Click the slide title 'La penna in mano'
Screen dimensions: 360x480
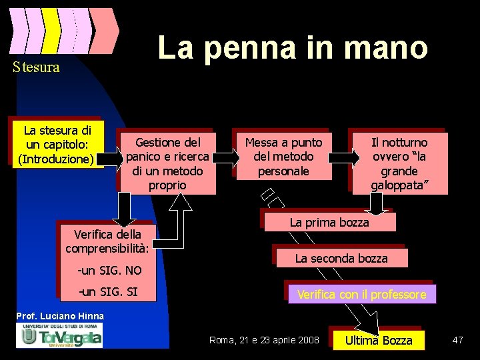coord(292,48)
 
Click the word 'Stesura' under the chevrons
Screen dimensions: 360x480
coord(36,67)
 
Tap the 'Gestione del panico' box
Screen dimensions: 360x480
coord(167,163)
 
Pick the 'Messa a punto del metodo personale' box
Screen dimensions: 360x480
coord(283,157)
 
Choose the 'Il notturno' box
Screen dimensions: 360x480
coord(399,163)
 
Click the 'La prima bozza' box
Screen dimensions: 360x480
coord(329,222)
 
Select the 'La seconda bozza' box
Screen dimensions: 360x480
coord(341,258)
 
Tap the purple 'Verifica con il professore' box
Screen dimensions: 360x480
coord(361,294)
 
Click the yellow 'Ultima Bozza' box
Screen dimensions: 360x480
coord(378,341)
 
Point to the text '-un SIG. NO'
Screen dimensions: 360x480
coord(110,271)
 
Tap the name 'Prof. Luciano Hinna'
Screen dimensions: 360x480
coord(60,315)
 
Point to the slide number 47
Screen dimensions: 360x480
coord(457,341)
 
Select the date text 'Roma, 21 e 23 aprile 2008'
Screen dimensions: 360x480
coord(265,341)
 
